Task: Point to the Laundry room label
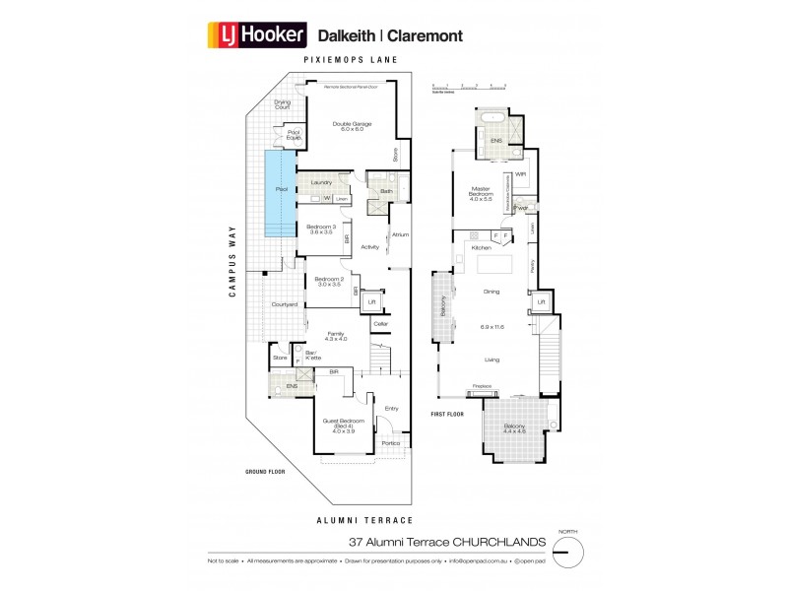pos(321,182)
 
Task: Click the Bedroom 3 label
pos(321,230)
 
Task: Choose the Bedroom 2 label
pos(329,282)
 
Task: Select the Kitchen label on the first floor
pos(482,248)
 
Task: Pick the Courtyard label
pos(285,305)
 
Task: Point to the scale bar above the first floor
pos(470,88)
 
